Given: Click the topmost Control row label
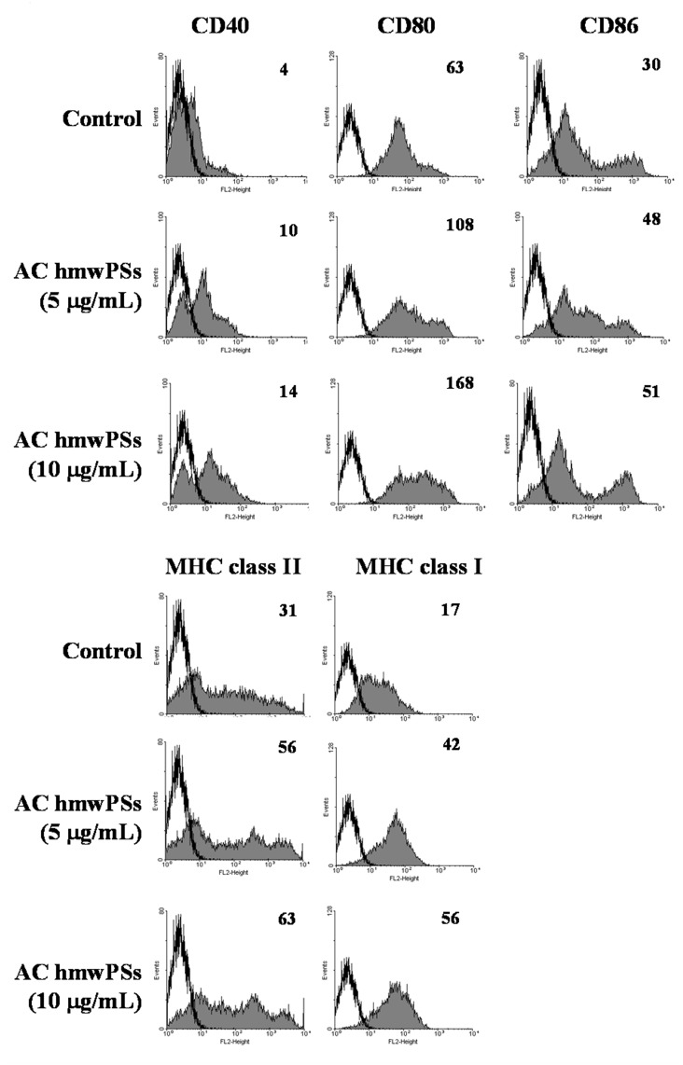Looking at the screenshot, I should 102,119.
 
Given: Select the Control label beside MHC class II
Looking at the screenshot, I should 102,651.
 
